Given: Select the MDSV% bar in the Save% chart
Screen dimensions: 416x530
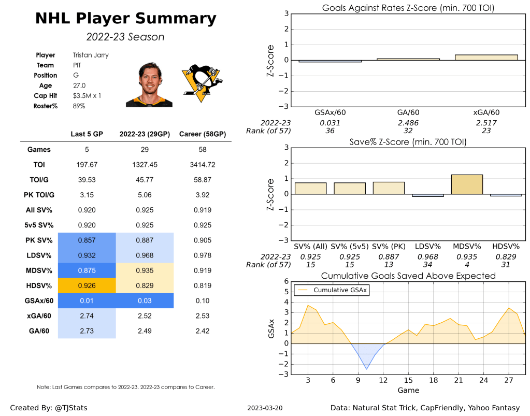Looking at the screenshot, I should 467,184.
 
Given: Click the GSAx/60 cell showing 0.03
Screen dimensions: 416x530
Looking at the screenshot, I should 145,300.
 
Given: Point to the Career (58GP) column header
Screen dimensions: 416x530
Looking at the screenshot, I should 202,134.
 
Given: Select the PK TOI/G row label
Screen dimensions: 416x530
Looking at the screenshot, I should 39,195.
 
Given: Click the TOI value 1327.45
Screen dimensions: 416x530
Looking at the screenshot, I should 145,165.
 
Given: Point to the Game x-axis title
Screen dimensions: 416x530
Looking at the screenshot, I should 408,390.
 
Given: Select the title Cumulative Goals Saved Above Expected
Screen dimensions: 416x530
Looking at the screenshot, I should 408,276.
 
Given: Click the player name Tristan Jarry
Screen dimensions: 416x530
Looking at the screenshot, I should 91,55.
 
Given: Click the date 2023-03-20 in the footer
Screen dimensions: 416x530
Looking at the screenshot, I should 265,408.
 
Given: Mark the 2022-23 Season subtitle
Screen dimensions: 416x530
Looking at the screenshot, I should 125,37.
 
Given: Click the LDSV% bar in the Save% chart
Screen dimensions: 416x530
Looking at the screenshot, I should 428,195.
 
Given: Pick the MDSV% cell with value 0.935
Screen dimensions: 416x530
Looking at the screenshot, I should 145,270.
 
